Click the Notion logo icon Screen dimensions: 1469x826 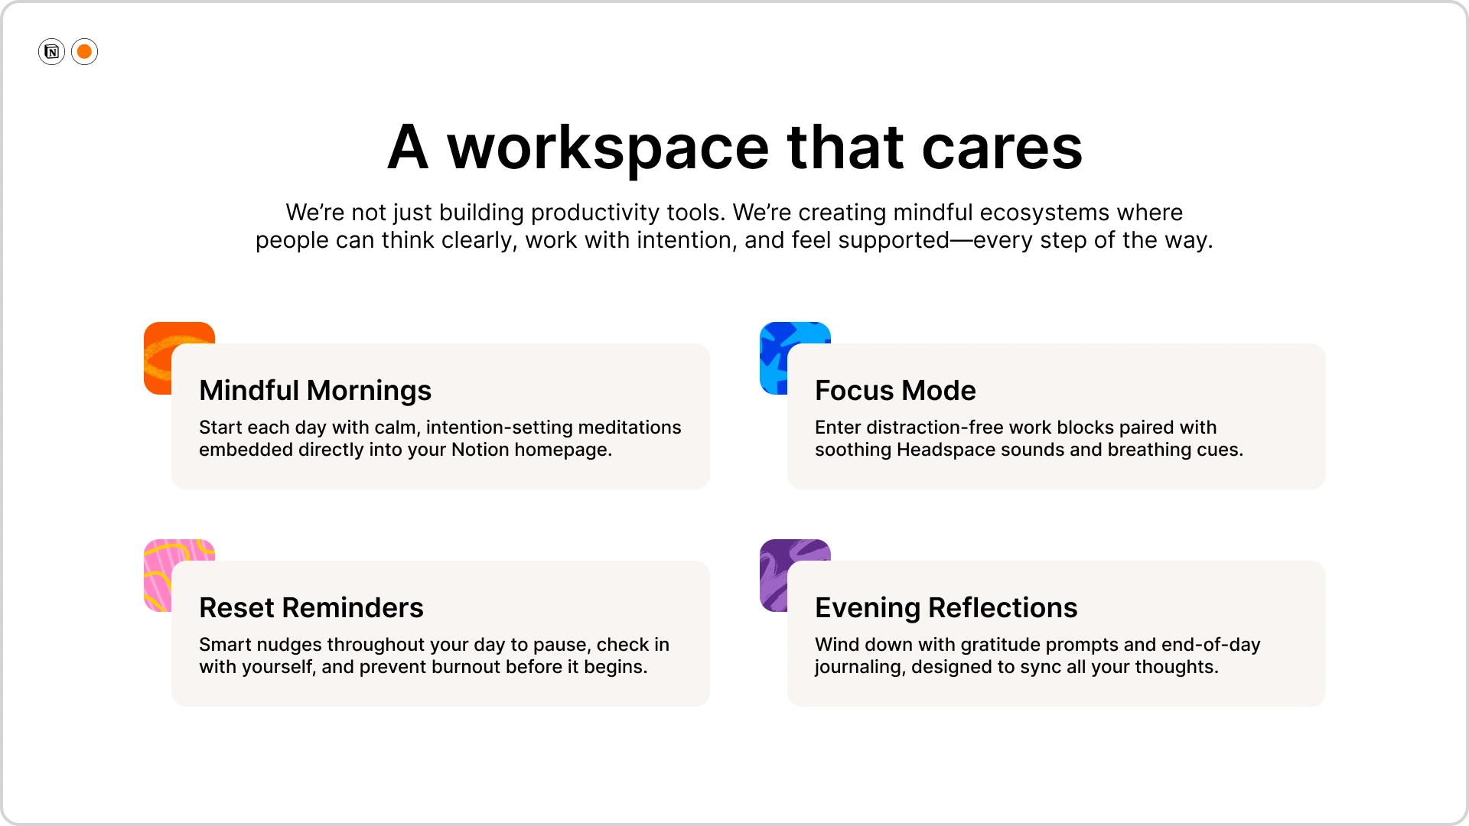51,52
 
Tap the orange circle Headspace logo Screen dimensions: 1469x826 85,52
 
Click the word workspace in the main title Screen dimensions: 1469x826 607,148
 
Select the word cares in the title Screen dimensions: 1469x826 1002,148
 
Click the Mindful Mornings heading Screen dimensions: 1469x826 315,391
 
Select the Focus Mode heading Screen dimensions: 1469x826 895,391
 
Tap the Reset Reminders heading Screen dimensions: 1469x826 311,608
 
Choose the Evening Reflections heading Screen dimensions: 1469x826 946,608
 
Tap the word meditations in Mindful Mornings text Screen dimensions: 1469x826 629,428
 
